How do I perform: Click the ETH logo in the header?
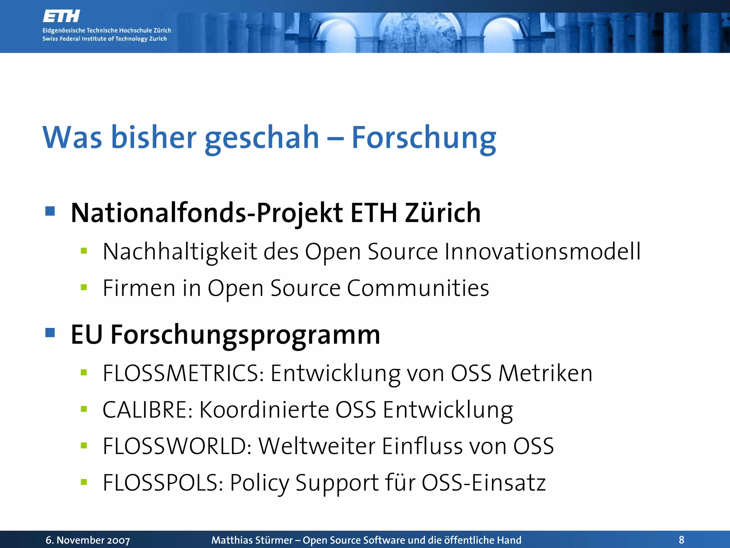pos(61,16)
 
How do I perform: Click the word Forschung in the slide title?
pos(423,138)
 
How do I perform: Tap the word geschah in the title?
pos(262,138)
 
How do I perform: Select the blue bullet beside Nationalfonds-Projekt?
pos(50,211)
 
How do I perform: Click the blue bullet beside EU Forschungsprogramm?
pos(50,333)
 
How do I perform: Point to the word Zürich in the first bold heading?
pos(443,213)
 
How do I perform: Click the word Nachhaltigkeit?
pos(180,252)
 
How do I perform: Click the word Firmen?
pos(139,288)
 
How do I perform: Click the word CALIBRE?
pos(148,410)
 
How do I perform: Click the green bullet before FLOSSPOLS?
pos(84,483)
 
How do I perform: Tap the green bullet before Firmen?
pos(84,288)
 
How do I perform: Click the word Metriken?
pos(545,374)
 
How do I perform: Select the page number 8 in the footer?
pos(682,540)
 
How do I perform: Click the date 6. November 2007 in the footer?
pos(88,540)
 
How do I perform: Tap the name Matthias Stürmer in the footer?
pos(252,540)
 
